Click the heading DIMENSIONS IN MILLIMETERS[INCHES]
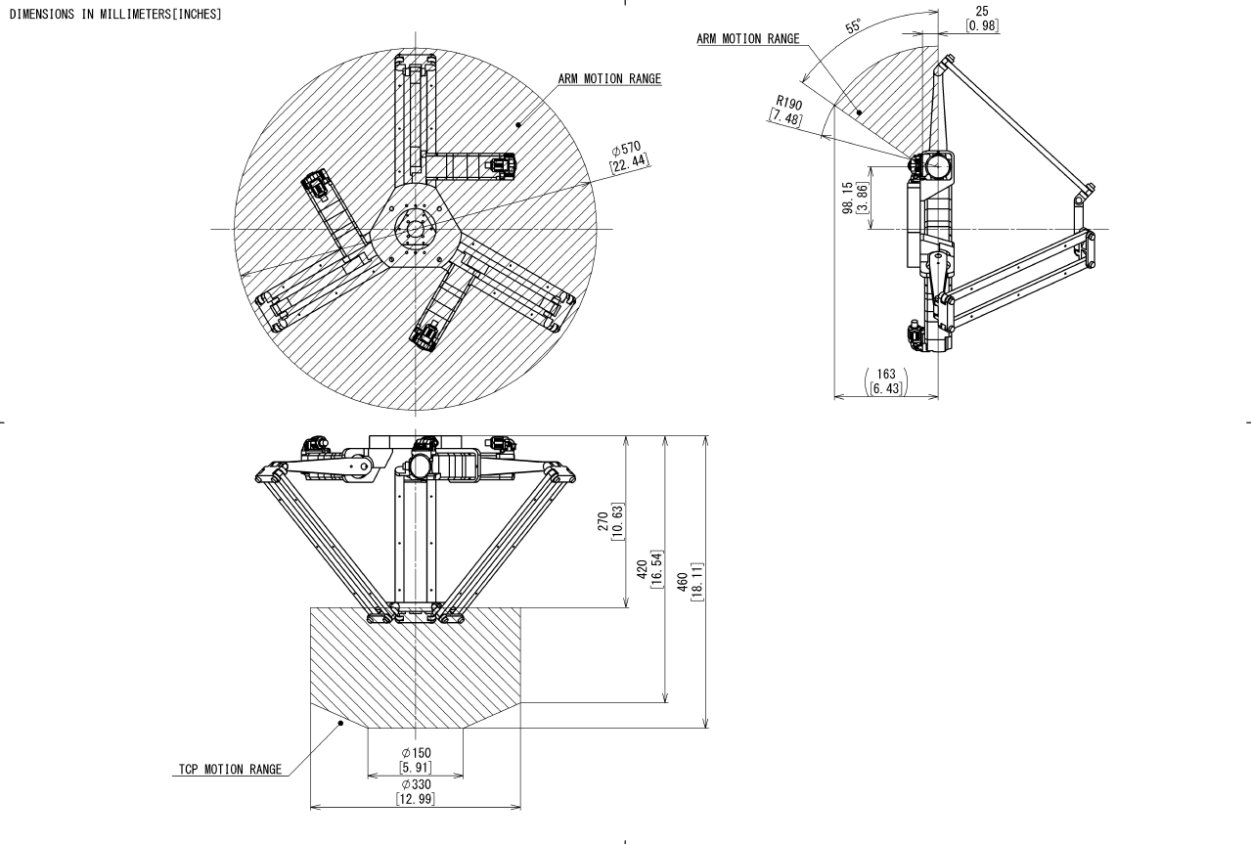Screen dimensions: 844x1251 [114, 15]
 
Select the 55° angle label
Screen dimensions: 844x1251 [854, 26]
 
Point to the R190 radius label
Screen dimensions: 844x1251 [788, 103]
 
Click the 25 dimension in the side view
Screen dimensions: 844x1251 [982, 12]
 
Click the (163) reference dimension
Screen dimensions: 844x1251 [886, 374]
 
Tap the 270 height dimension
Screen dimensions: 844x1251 [602, 522]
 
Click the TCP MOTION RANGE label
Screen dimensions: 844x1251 [223, 769]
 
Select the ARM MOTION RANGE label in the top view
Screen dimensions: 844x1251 [609, 78]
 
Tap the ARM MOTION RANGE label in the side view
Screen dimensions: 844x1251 [747, 39]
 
